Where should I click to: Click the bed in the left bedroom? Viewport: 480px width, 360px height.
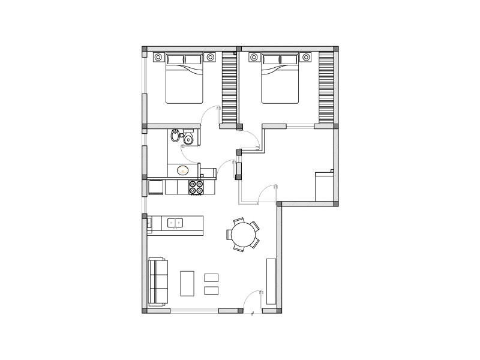184,81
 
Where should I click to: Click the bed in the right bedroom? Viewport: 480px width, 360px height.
280,81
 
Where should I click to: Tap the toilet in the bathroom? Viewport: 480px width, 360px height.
188,140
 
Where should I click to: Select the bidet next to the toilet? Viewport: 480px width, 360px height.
175,136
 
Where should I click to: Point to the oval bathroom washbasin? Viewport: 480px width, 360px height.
182,170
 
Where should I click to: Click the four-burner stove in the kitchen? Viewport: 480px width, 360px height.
196,188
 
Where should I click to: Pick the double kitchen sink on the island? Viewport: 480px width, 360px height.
175,223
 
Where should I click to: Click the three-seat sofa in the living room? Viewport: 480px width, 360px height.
157,281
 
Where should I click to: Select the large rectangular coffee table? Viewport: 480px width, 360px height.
188,283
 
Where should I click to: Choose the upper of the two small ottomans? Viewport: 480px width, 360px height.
211,277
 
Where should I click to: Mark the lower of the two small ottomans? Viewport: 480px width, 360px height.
211,290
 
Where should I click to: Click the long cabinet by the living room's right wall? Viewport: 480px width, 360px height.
271,281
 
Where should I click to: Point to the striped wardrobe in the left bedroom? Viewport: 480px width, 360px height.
229,87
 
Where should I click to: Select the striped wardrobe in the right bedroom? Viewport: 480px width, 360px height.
326,87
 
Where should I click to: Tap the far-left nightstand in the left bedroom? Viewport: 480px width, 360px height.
158,57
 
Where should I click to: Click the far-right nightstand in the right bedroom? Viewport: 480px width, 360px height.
306,57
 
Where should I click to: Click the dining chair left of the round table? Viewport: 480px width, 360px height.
229,234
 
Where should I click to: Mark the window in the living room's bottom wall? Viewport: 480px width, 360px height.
194,310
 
